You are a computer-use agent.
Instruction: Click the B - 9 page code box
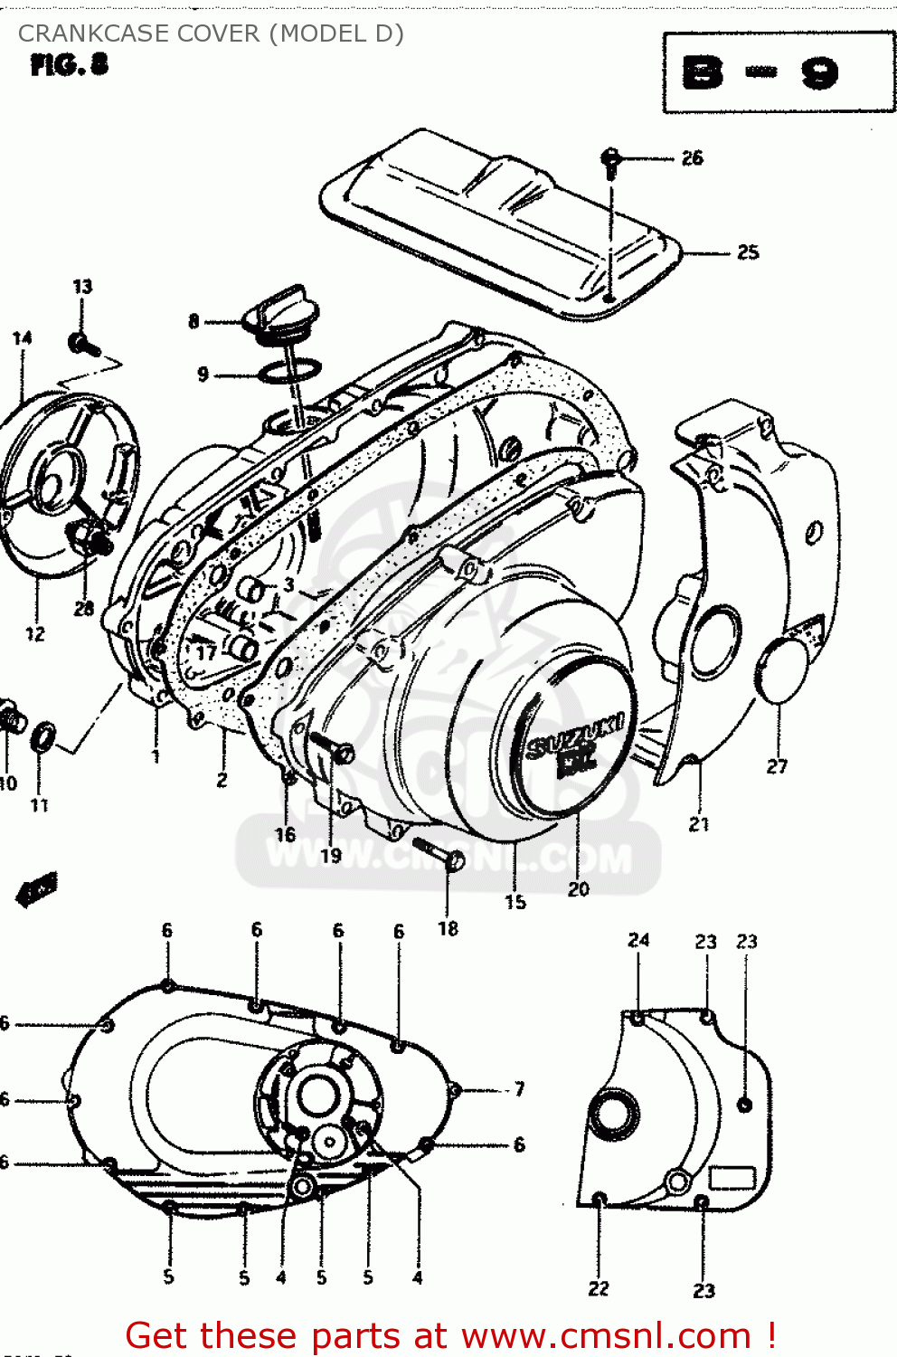click(779, 72)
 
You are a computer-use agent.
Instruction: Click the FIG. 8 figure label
click(69, 65)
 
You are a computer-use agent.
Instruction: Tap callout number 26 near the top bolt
click(692, 158)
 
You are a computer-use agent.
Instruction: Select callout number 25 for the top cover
click(748, 252)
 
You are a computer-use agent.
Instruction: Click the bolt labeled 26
click(611, 162)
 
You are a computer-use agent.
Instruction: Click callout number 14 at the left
click(23, 337)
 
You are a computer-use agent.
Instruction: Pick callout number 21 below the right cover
click(699, 824)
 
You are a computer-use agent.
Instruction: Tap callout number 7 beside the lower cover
click(519, 1088)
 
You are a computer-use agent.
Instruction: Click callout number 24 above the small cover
click(638, 940)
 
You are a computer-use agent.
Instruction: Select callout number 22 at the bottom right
click(599, 1288)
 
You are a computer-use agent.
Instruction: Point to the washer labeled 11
click(42, 737)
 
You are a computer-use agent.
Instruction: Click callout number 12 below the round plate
click(35, 634)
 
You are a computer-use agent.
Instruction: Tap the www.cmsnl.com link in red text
click(607, 1335)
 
